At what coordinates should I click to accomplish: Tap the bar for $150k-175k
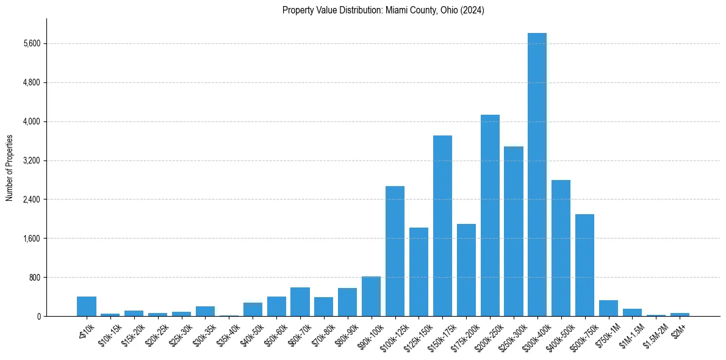click(x=442, y=226)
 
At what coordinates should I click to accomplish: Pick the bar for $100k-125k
click(x=395, y=251)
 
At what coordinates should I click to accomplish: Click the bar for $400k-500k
click(x=561, y=248)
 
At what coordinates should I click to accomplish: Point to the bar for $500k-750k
click(x=584, y=265)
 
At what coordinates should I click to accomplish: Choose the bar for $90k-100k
click(x=371, y=297)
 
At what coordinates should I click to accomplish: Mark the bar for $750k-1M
click(x=608, y=308)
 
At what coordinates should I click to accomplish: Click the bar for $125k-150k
click(x=419, y=272)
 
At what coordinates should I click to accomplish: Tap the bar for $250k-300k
click(x=514, y=231)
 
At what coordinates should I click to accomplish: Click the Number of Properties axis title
click(x=9, y=168)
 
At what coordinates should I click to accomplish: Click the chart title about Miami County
click(x=383, y=10)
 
